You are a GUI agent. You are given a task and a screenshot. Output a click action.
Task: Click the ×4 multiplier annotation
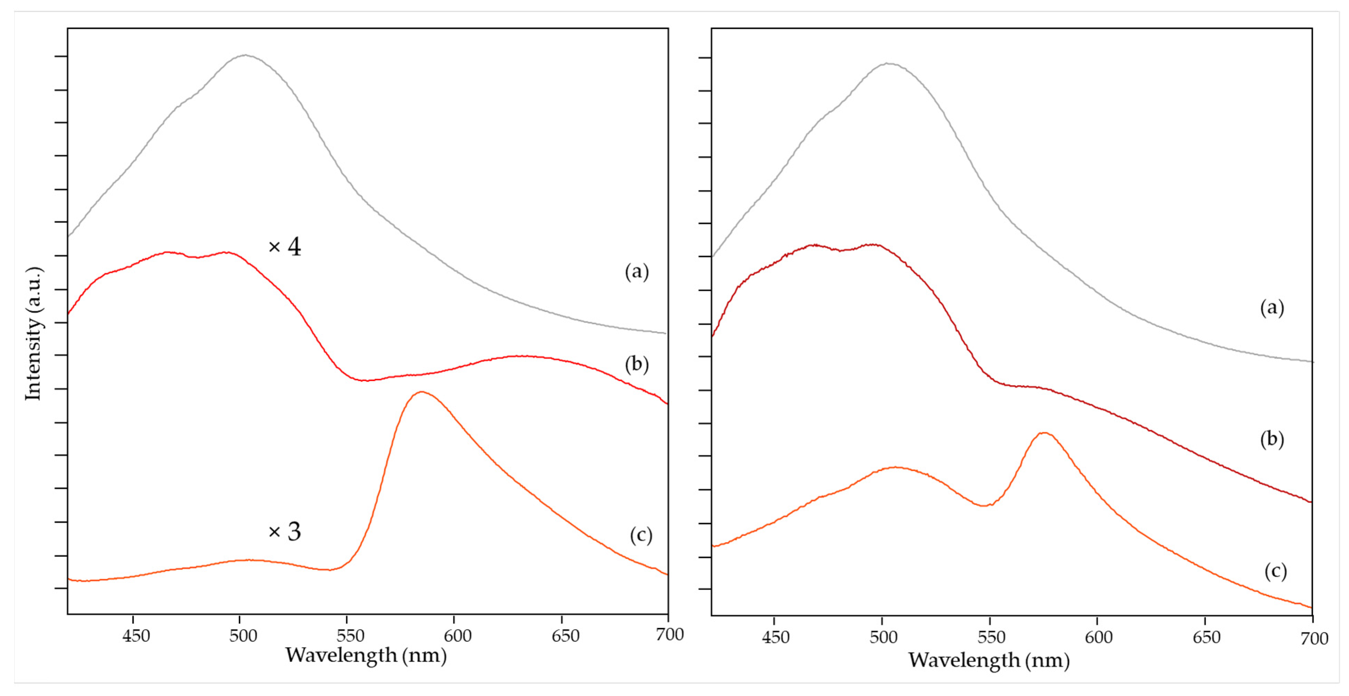point(284,247)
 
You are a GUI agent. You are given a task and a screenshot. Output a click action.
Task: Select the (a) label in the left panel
point(636,271)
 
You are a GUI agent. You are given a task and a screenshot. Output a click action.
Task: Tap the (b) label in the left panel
point(636,364)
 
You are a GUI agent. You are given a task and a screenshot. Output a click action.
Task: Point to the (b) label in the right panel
point(1272,439)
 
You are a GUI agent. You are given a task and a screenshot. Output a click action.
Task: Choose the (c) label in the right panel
point(1275,571)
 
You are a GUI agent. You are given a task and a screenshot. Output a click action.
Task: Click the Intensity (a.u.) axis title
point(34,334)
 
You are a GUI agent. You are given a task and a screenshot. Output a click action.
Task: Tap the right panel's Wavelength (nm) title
point(988,660)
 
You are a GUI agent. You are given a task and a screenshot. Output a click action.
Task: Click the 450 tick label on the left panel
point(136,636)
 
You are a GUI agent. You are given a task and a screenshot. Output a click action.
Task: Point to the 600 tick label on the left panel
point(457,636)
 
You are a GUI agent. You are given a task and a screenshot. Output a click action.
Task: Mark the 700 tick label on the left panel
point(669,634)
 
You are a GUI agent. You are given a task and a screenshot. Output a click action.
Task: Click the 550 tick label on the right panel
point(991,637)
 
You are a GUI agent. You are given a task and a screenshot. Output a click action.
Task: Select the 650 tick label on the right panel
point(1206,637)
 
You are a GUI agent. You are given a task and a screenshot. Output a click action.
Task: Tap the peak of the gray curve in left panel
point(245,55)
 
